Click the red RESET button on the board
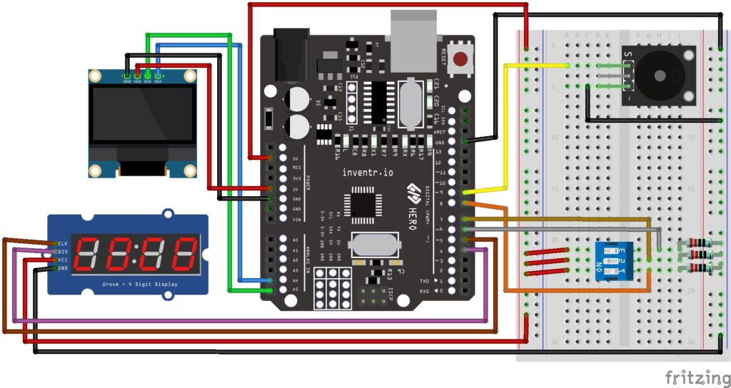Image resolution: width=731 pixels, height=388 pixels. click(x=460, y=58)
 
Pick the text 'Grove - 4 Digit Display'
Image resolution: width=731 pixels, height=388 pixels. click(x=128, y=285)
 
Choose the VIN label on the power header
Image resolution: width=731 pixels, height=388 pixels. click(x=296, y=219)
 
